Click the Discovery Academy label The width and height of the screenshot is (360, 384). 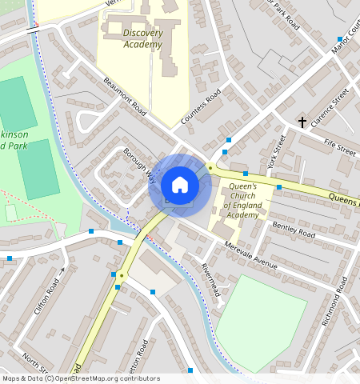pyautogui.click(x=143, y=38)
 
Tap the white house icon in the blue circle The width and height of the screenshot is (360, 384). pyautogui.click(x=180, y=185)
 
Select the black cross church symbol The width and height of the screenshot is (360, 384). pyautogui.click(x=302, y=122)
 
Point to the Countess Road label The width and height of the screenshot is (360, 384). pyautogui.click(x=200, y=110)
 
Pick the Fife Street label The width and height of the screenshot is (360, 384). pyautogui.click(x=340, y=149)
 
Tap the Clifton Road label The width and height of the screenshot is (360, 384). pyautogui.click(x=49, y=297)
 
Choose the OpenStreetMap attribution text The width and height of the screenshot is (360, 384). pyautogui.click(x=81, y=378)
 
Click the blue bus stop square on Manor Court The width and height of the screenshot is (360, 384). pyautogui.click(x=340, y=38)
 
